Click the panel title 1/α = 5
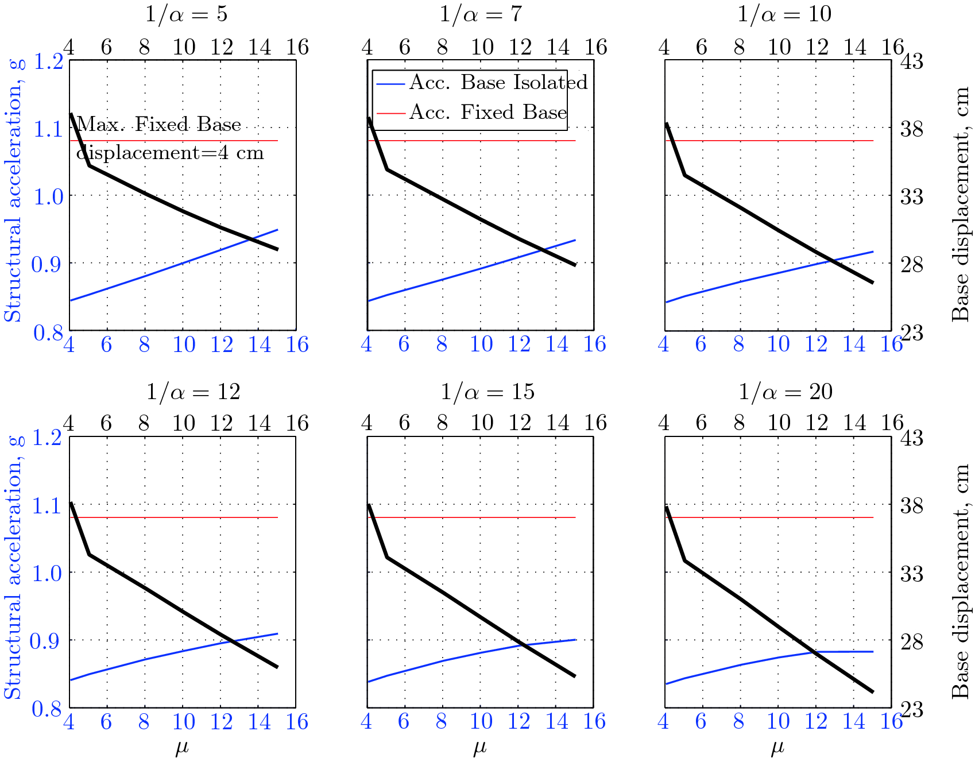click(x=186, y=14)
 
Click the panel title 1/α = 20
click(x=785, y=392)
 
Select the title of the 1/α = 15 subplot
click(x=487, y=392)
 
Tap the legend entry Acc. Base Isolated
click(x=497, y=83)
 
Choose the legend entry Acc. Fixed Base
click(x=487, y=113)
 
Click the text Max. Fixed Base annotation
click(x=159, y=125)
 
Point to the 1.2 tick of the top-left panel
click(x=48, y=61)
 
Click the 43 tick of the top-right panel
click(x=911, y=61)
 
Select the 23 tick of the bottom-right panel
click(x=911, y=710)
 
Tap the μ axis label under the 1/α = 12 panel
click(x=182, y=747)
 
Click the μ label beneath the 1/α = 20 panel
click(x=777, y=747)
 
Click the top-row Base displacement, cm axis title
click(x=960, y=204)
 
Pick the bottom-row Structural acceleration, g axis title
click(x=13, y=568)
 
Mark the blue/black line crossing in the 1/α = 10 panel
click(x=831, y=261)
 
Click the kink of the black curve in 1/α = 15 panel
click(x=387, y=556)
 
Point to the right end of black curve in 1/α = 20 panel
click(x=872, y=692)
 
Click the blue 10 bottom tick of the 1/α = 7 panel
click(x=481, y=345)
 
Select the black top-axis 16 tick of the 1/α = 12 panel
click(x=297, y=424)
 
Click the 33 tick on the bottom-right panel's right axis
click(x=911, y=573)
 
